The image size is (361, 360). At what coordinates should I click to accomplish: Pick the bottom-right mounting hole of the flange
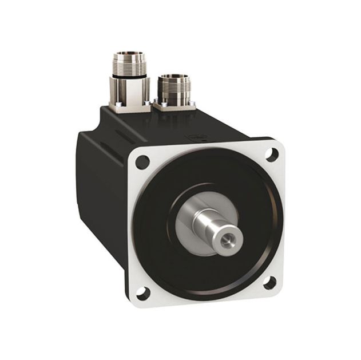[272, 281]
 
